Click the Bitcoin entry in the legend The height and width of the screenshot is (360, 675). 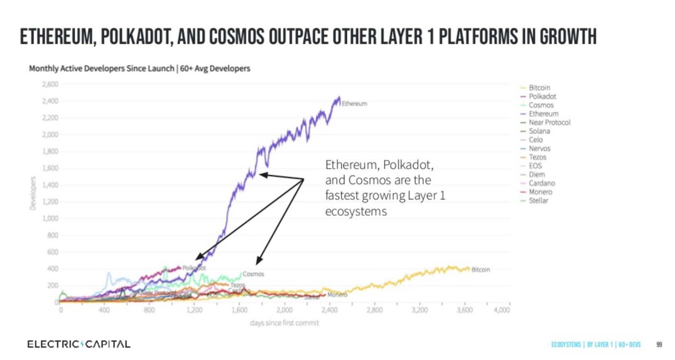(539, 88)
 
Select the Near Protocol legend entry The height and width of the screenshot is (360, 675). (549, 122)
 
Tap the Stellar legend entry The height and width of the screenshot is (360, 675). (538, 200)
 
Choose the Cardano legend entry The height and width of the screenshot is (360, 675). (542, 183)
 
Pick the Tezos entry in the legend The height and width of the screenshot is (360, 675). (537, 157)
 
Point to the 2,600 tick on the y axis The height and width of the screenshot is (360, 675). (50, 84)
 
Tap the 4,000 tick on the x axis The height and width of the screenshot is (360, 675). (501, 310)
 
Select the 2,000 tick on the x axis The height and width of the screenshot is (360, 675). (284, 310)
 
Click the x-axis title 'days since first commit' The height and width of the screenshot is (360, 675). (284, 323)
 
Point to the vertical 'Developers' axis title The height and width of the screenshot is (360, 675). (33, 193)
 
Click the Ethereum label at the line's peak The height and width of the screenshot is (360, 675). (354, 104)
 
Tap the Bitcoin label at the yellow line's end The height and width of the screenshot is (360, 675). (481, 270)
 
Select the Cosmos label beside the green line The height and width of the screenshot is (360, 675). (253, 274)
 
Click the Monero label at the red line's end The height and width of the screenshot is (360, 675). (337, 295)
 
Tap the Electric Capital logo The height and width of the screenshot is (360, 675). (79, 344)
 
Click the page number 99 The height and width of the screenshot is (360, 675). (659, 345)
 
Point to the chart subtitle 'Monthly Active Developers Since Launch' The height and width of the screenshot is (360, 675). (101, 68)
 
